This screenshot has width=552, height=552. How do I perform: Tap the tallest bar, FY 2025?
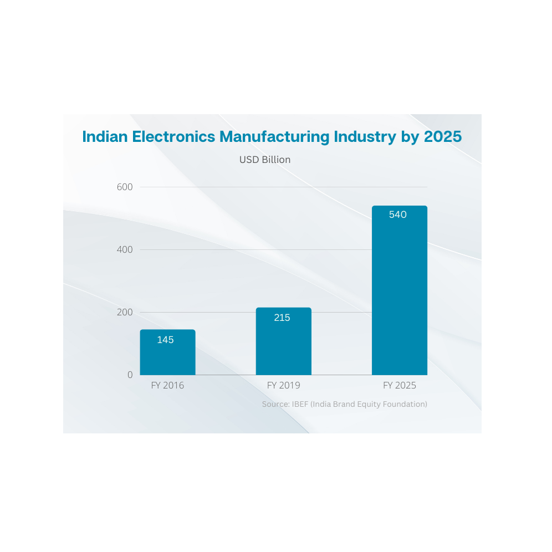coord(399,294)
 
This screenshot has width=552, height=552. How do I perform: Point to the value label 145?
coord(165,340)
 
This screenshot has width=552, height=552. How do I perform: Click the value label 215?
coord(282,318)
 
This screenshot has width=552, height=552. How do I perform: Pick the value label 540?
coord(398,214)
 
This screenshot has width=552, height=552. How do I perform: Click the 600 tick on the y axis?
coord(125,187)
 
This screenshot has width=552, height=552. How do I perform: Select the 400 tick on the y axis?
coord(125,250)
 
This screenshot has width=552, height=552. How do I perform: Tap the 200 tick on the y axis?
coord(125,313)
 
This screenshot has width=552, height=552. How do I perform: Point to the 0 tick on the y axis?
coord(130,375)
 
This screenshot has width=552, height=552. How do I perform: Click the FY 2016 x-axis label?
coord(167,386)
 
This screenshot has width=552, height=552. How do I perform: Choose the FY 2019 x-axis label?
coord(283,386)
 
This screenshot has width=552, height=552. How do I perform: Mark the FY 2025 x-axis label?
coord(399,386)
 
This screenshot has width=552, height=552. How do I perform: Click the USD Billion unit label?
coord(265,160)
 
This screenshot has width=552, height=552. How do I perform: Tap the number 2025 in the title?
coord(442,137)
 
